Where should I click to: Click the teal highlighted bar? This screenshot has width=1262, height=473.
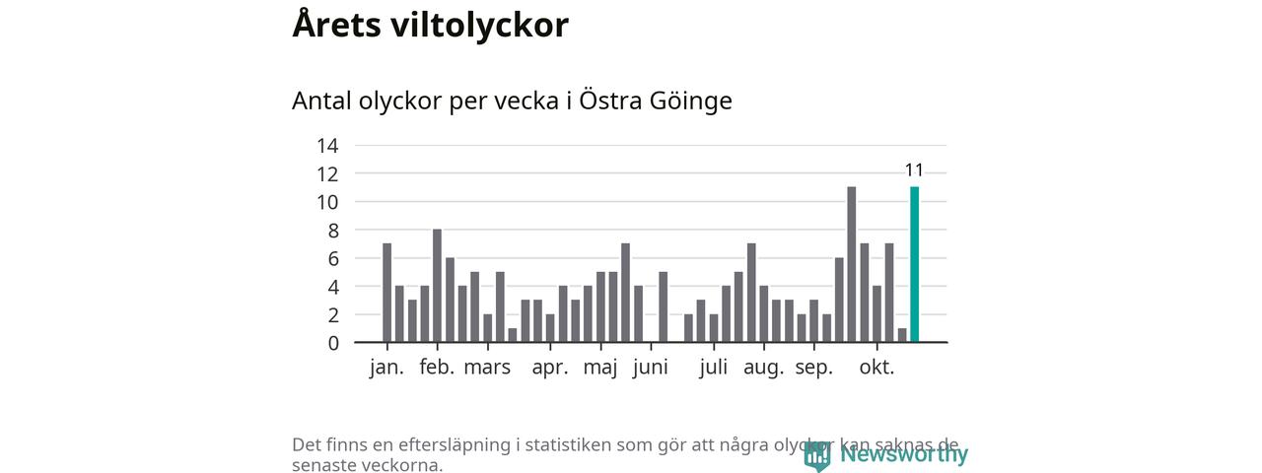click(x=914, y=264)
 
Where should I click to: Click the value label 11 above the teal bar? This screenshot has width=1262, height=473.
click(x=914, y=170)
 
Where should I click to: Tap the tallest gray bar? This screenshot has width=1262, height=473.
click(x=851, y=264)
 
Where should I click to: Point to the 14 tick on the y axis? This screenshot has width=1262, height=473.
click(x=326, y=146)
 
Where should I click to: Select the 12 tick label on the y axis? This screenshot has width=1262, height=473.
click(x=326, y=174)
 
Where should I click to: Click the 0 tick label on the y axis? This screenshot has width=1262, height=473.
click(x=332, y=343)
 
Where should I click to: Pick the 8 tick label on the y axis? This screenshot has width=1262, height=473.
click(x=332, y=231)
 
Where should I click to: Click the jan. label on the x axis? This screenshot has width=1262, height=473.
click(x=386, y=369)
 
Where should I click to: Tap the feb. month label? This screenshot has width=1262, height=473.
click(x=437, y=369)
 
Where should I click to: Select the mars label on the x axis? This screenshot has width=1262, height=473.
click(x=487, y=369)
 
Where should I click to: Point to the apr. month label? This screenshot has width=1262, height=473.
click(x=550, y=369)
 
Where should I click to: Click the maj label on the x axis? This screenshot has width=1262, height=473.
click(x=600, y=369)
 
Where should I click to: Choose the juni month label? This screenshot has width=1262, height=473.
click(x=651, y=369)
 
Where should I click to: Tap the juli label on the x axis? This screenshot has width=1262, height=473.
click(x=714, y=369)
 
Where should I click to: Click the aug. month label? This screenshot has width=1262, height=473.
click(x=764, y=369)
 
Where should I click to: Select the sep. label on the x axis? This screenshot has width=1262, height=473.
click(x=814, y=369)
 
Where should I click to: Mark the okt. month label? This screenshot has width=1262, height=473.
click(x=876, y=369)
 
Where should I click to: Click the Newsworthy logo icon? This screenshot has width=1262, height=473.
click(x=816, y=455)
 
